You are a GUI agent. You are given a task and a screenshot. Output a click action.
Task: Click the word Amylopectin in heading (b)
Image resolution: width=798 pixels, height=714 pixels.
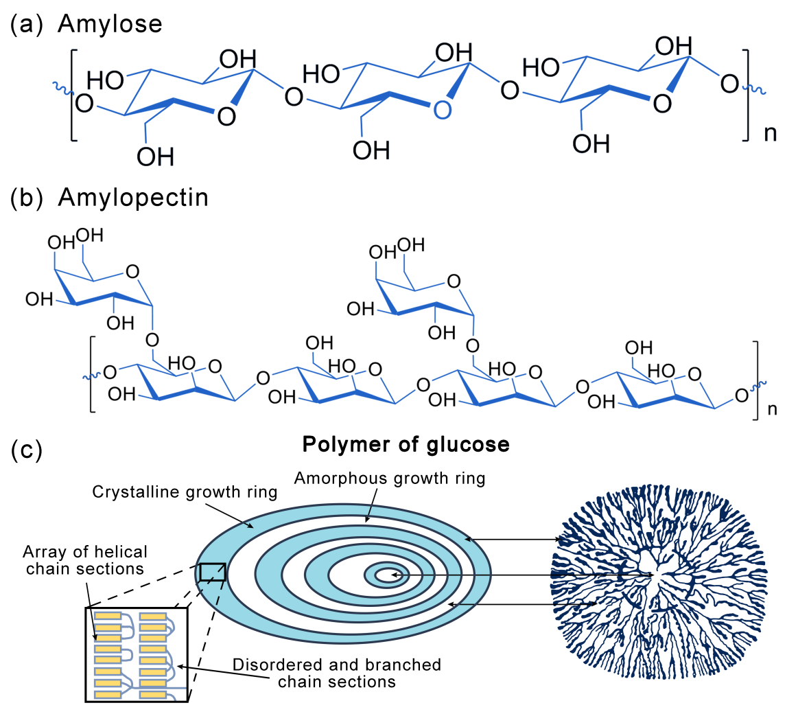pyautogui.click(x=133, y=197)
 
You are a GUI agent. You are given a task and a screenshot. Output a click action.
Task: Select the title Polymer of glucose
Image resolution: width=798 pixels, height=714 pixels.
pyautogui.click(x=406, y=444)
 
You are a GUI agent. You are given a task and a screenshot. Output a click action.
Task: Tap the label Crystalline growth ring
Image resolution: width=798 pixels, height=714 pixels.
pyautogui.click(x=185, y=492)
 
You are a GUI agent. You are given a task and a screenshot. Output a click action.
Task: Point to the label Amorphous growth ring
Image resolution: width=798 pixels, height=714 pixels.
pyautogui.click(x=390, y=478)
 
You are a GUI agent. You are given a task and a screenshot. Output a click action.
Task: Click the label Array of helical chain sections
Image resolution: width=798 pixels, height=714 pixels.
pyautogui.click(x=85, y=560)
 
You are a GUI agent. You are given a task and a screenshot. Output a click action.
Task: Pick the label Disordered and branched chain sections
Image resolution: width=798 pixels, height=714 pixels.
pyautogui.click(x=336, y=673)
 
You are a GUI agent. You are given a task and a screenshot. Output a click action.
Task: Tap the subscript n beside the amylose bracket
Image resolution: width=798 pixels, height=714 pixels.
pyautogui.click(x=771, y=133)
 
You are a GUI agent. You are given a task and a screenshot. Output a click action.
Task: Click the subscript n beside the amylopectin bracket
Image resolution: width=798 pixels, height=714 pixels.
pyautogui.click(x=772, y=410)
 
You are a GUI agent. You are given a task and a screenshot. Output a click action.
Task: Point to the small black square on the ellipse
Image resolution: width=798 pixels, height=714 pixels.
pyautogui.click(x=212, y=572)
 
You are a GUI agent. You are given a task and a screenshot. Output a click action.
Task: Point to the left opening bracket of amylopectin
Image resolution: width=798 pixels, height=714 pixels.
pyautogui.click(x=92, y=374)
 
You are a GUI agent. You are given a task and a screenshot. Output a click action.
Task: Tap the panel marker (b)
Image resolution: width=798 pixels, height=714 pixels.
pyautogui.click(x=27, y=197)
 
